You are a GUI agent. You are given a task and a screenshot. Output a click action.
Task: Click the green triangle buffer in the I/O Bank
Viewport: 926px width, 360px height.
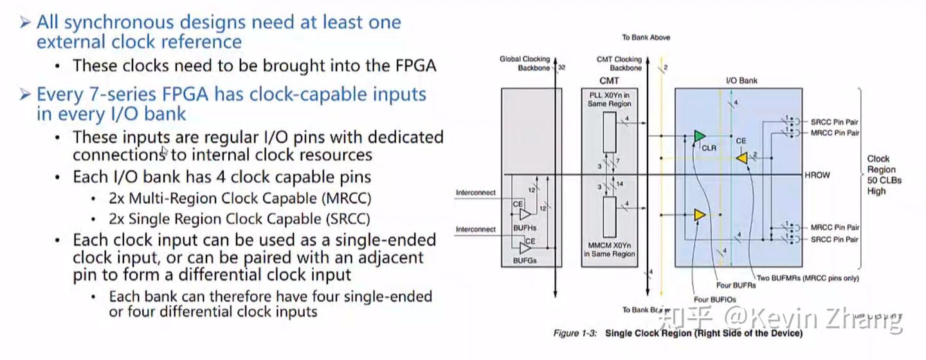pos(700,136)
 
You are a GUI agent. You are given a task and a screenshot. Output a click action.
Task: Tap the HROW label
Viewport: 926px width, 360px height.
pos(817,175)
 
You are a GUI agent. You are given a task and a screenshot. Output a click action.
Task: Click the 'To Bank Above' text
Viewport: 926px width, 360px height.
pos(646,37)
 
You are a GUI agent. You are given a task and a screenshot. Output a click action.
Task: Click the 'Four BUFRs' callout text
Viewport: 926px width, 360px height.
pos(736,285)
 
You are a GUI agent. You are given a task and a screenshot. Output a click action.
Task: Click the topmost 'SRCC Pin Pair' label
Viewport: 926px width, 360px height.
pos(834,122)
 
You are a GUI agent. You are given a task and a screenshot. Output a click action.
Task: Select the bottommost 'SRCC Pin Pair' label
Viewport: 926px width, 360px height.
pos(834,239)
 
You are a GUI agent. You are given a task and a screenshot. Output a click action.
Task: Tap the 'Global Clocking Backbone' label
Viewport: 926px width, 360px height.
pos(525,63)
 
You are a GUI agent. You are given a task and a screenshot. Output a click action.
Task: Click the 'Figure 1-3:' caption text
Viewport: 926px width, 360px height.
pos(576,334)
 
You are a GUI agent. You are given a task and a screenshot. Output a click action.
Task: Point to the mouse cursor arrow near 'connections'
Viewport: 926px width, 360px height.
pos(164,152)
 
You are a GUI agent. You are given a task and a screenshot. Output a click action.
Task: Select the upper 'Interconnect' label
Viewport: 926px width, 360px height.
pos(476,192)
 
